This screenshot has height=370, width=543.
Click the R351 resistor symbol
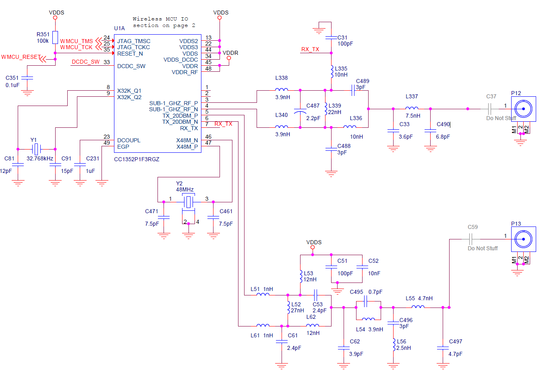point(55,37)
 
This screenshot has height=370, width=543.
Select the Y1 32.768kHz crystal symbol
point(36,149)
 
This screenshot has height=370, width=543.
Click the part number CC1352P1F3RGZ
point(137,159)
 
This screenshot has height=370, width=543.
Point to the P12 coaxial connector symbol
point(523,109)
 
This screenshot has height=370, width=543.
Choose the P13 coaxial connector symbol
point(523,239)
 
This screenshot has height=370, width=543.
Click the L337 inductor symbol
point(412,108)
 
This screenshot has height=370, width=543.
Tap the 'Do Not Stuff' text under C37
point(501,118)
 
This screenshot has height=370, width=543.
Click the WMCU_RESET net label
point(21,57)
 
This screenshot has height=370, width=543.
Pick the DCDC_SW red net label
point(85,62)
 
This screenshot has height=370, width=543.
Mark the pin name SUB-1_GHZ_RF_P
point(173,103)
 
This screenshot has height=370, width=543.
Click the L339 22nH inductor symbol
point(325,109)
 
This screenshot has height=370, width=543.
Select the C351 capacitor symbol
point(27,78)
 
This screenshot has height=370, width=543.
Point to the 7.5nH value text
point(413,116)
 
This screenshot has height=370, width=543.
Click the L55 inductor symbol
point(418,307)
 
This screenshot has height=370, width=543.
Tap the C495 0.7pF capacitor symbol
point(366,301)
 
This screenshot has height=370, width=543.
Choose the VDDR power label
point(230,53)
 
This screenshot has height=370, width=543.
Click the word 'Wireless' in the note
point(147,19)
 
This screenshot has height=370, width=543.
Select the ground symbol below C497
point(443,366)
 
